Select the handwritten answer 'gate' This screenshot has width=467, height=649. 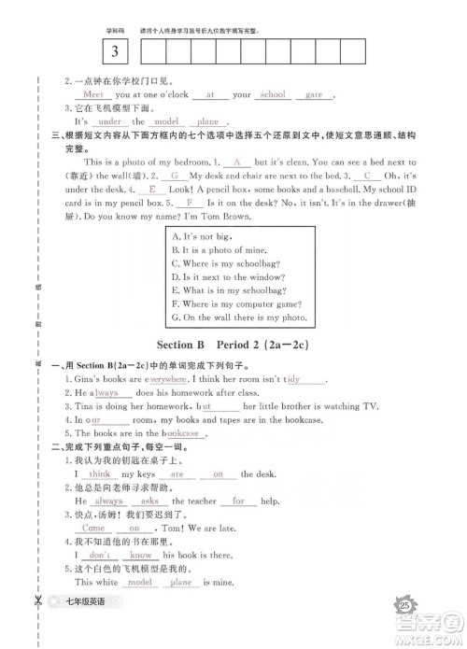click(x=313, y=94)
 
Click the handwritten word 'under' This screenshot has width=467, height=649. click(x=109, y=121)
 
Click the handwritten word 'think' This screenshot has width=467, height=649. click(x=100, y=474)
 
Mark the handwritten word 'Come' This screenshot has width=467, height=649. click(x=95, y=528)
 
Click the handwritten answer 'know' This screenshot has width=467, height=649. click(x=142, y=555)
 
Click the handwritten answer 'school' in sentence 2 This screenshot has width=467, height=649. click(x=273, y=94)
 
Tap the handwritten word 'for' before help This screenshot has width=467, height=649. click(x=238, y=501)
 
